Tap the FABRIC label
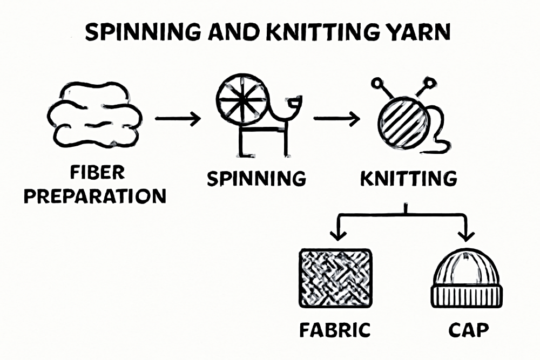tap(335, 330)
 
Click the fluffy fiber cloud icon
tap(95, 114)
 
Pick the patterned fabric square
tap(335, 278)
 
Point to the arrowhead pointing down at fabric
tap(337, 234)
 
